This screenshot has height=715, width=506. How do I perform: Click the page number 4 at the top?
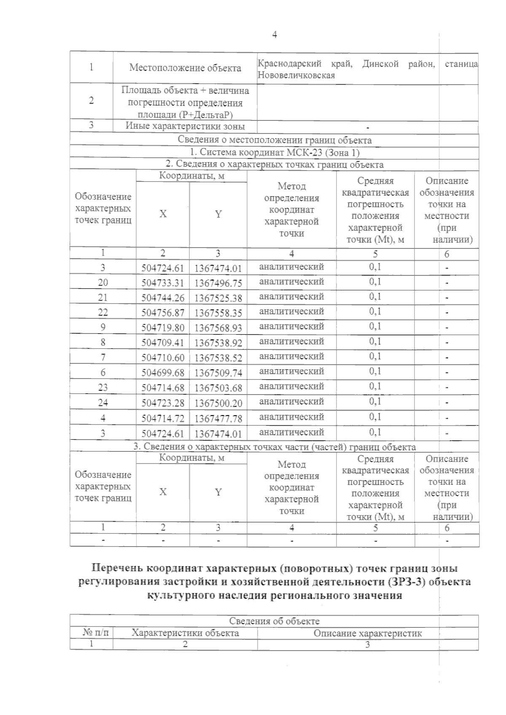click(x=275, y=35)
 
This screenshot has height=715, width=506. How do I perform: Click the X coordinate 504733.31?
click(x=163, y=283)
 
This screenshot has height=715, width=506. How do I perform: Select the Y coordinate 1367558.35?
click(x=218, y=313)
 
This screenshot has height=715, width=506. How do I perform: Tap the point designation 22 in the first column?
click(x=103, y=312)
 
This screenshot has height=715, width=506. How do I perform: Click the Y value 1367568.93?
click(x=218, y=328)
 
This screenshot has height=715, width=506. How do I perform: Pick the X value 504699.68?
click(x=163, y=373)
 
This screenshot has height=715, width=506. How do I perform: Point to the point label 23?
click(x=103, y=387)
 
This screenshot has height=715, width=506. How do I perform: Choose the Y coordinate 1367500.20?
click(x=218, y=403)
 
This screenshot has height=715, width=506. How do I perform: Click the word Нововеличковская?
click(x=296, y=75)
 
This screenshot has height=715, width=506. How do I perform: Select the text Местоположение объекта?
click(x=185, y=68)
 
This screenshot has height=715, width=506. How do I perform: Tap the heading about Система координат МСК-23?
click(x=274, y=152)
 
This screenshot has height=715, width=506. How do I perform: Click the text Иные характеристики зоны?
click(x=185, y=126)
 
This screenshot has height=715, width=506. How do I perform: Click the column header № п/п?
click(x=92, y=633)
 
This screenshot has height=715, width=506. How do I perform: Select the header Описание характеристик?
click(x=367, y=633)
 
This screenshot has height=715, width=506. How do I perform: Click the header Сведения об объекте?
click(x=274, y=621)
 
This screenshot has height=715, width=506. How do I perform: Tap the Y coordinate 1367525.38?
click(x=218, y=298)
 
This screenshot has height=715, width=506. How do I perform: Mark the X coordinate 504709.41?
click(x=163, y=343)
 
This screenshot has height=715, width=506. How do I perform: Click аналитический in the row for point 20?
click(x=291, y=281)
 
